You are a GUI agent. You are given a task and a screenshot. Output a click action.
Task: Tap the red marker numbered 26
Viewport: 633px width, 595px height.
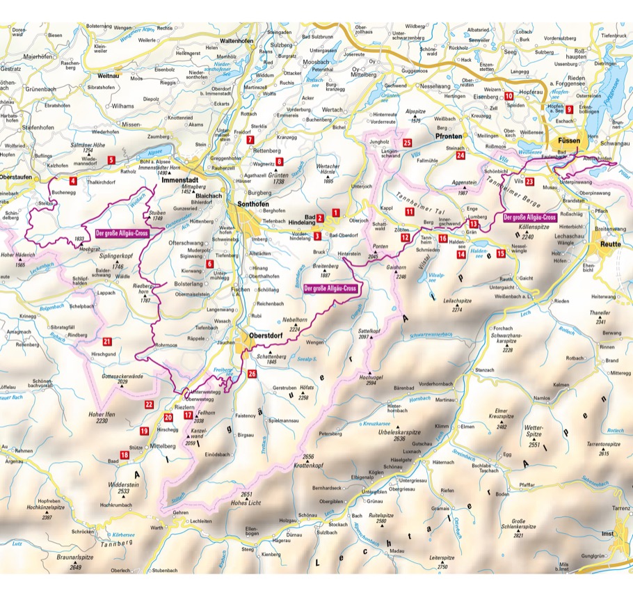tap(252, 374)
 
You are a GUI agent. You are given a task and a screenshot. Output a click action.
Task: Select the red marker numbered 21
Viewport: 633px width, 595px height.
tap(106, 342)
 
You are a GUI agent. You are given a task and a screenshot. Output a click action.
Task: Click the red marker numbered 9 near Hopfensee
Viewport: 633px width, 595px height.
tap(569, 109)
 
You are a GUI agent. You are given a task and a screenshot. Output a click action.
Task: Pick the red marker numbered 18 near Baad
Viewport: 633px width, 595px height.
tap(125, 455)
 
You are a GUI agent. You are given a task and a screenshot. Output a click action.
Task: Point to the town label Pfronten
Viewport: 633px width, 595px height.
tap(452, 138)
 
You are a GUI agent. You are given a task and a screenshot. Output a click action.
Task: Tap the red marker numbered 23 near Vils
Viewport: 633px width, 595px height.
tap(530, 182)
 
